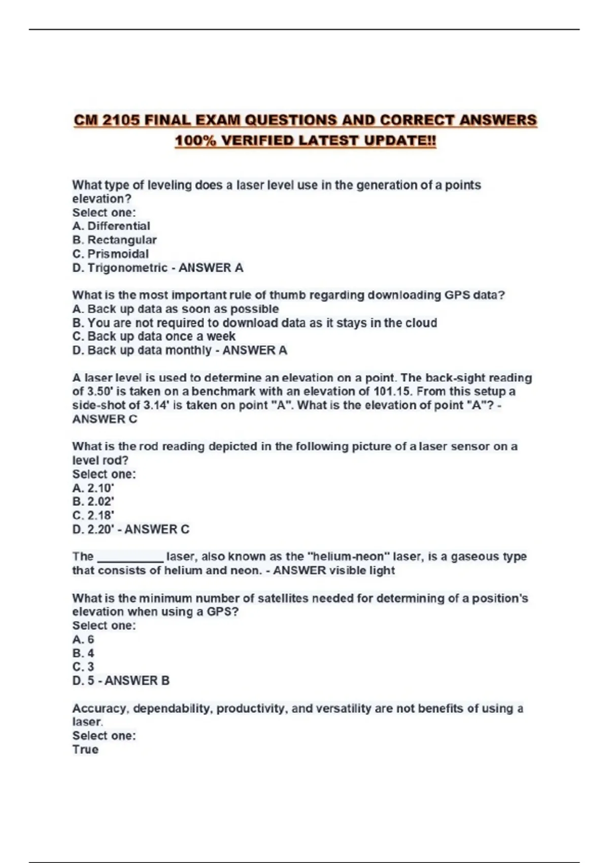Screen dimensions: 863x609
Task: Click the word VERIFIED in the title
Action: pos(257,141)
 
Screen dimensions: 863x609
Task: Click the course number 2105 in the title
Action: pos(121,120)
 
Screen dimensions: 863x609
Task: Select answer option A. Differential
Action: pos(111,226)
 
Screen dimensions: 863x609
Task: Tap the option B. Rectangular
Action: pos(114,240)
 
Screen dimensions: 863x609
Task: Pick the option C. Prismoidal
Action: pos(111,254)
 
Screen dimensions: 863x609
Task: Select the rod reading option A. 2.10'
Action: pos(93,488)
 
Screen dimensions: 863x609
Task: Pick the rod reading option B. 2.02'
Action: pos(93,502)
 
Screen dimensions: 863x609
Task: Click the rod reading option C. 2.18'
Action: pos(93,515)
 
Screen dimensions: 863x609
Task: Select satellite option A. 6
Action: pos(83,639)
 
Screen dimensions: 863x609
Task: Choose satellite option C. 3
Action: pos(83,667)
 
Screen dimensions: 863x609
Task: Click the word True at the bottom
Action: pos(85,749)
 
